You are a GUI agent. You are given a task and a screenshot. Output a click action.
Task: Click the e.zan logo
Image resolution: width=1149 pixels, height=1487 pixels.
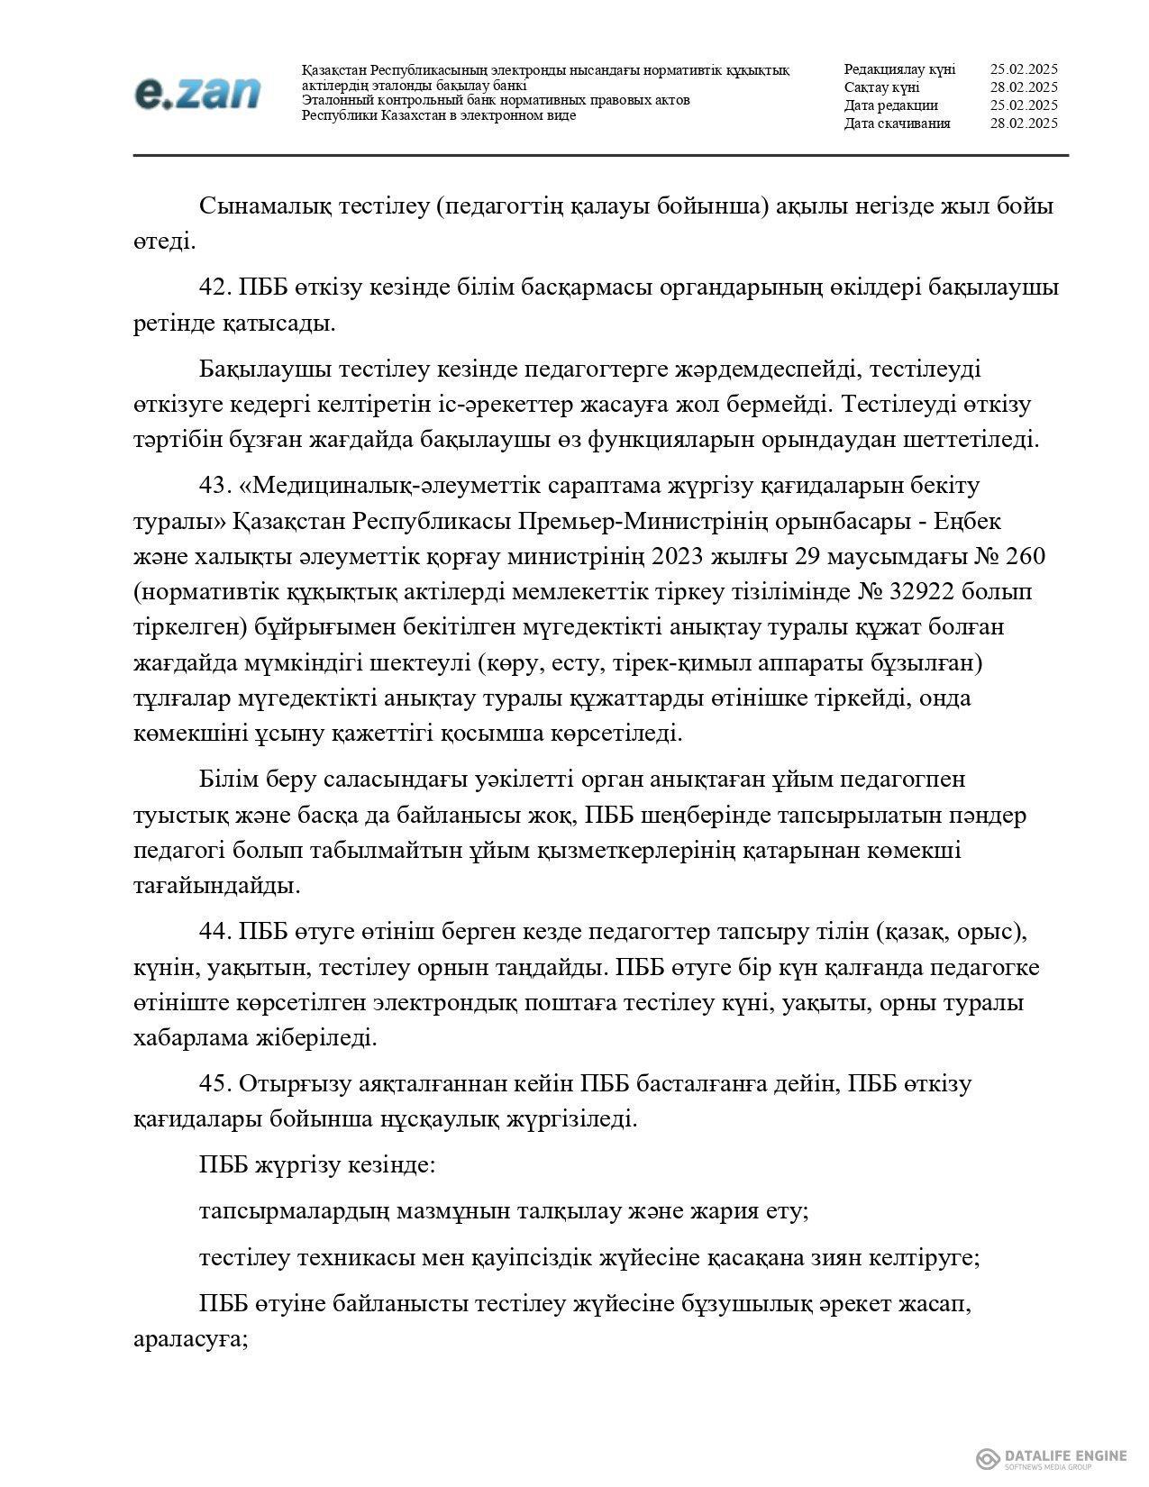click(197, 93)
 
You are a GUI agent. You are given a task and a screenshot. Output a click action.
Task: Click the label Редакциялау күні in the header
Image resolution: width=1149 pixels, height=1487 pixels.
click(899, 69)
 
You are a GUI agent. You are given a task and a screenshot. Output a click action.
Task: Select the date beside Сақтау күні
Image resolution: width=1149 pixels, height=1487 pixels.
click(1023, 87)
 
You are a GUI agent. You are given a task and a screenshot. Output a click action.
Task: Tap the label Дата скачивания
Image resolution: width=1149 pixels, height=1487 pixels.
click(897, 123)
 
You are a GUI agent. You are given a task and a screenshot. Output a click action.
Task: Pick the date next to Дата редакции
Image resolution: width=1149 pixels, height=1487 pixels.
click(1023, 105)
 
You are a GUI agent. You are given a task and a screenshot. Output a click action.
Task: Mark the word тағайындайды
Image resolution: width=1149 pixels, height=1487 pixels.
click(216, 885)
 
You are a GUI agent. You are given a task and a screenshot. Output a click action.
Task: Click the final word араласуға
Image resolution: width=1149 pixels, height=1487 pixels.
click(189, 1338)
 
